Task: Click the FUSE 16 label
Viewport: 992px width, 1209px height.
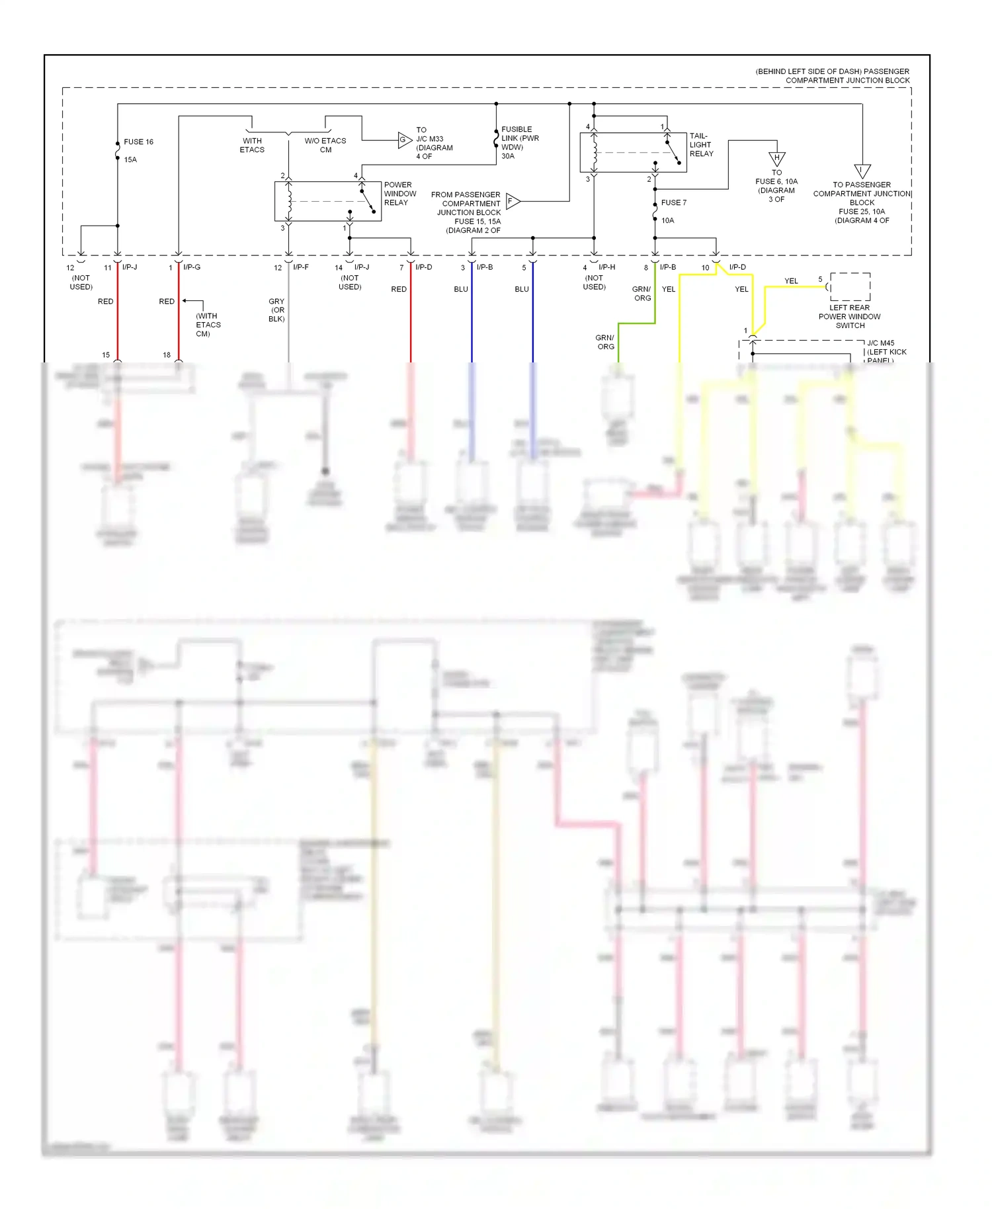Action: pyautogui.click(x=138, y=142)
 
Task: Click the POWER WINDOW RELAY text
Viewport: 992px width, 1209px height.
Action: pyautogui.click(x=399, y=194)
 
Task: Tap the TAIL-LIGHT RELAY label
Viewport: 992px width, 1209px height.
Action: pyautogui.click(x=701, y=145)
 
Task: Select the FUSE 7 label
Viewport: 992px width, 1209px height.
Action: pyautogui.click(x=673, y=202)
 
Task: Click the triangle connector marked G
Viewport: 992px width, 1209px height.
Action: pyautogui.click(x=404, y=140)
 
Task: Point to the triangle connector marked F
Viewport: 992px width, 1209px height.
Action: pyautogui.click(x=512, y=201)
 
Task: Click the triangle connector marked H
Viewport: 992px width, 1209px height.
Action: pyautogui.click(x=776, y=158)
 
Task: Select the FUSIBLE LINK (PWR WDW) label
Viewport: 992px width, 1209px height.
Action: pyautogui.click(x=520, y=138)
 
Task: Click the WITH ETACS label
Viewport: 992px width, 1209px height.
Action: pyautogui.click(x=252, y=145)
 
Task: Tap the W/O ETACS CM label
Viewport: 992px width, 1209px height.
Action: pyautogui.click(x=325, y=145)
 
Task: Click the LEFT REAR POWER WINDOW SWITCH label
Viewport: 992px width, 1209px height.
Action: pyautogui.click(x=849, y=316)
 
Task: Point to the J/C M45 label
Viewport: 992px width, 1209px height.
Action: pyautogui.click(x=880, y=343)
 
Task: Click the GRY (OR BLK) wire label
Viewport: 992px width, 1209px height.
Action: pyautogui.click(x=276, y=310)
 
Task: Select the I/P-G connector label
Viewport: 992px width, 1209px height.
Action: pyautogui.click(x=192, y=267)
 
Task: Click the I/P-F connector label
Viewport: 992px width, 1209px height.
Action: pyautogui.click(x=301, y=267)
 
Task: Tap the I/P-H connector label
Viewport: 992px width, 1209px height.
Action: pyautogui.click(x=606, y=267)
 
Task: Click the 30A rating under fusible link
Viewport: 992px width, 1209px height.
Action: pyautogui.click(x=508, y=156)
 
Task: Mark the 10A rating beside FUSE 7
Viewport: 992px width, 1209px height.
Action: pyautogui.click(x=668, y=220)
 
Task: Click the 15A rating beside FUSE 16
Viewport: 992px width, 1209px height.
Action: pyautogui.click(x=130, y=159)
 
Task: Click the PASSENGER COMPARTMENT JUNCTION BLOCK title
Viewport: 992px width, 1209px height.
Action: pyautogui.click(x=833, y=75)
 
